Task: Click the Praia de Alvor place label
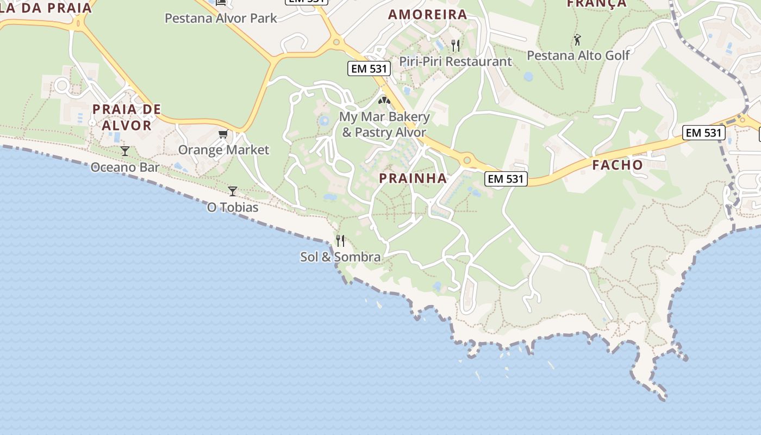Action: tap(127, 117)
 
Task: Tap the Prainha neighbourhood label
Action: tap(413, 178)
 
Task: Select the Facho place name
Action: tap(617, 165)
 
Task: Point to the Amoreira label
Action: tap(428, 15)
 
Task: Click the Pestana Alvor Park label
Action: tap(221, 18)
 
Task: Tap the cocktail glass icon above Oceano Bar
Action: tap(125, 151)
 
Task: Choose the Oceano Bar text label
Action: tap(125, 167)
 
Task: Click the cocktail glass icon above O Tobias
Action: tap(233, 191)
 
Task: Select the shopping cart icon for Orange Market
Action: tap(223, 134)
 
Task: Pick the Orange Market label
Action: tap(223, 150)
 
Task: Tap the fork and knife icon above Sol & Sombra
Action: tap(340, 240)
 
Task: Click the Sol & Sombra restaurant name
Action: tap(340, 257)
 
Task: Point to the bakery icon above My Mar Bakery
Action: tap(384, 101)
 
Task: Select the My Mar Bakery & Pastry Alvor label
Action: tap(384, 124)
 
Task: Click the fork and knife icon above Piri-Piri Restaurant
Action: tap(456, 45)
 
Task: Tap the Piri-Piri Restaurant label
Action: tap(456, 61)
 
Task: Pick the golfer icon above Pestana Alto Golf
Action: tap(577, 40)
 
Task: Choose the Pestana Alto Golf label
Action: tap(578, 55)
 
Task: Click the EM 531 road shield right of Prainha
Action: tap(506, 178)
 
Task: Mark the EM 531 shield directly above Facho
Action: tap(703, 133)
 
